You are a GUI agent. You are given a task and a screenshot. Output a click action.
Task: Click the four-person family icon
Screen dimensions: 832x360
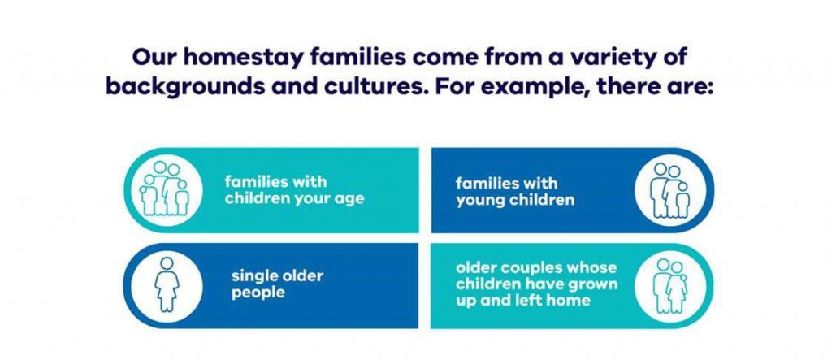(x=163, y=189)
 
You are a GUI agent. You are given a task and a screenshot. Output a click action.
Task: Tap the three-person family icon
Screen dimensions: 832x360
(x=669, y=190)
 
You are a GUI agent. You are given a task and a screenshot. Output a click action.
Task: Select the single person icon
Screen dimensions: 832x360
(x=167, y=284)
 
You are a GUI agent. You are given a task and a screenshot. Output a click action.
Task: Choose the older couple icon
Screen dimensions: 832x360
(x=669, y=286)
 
